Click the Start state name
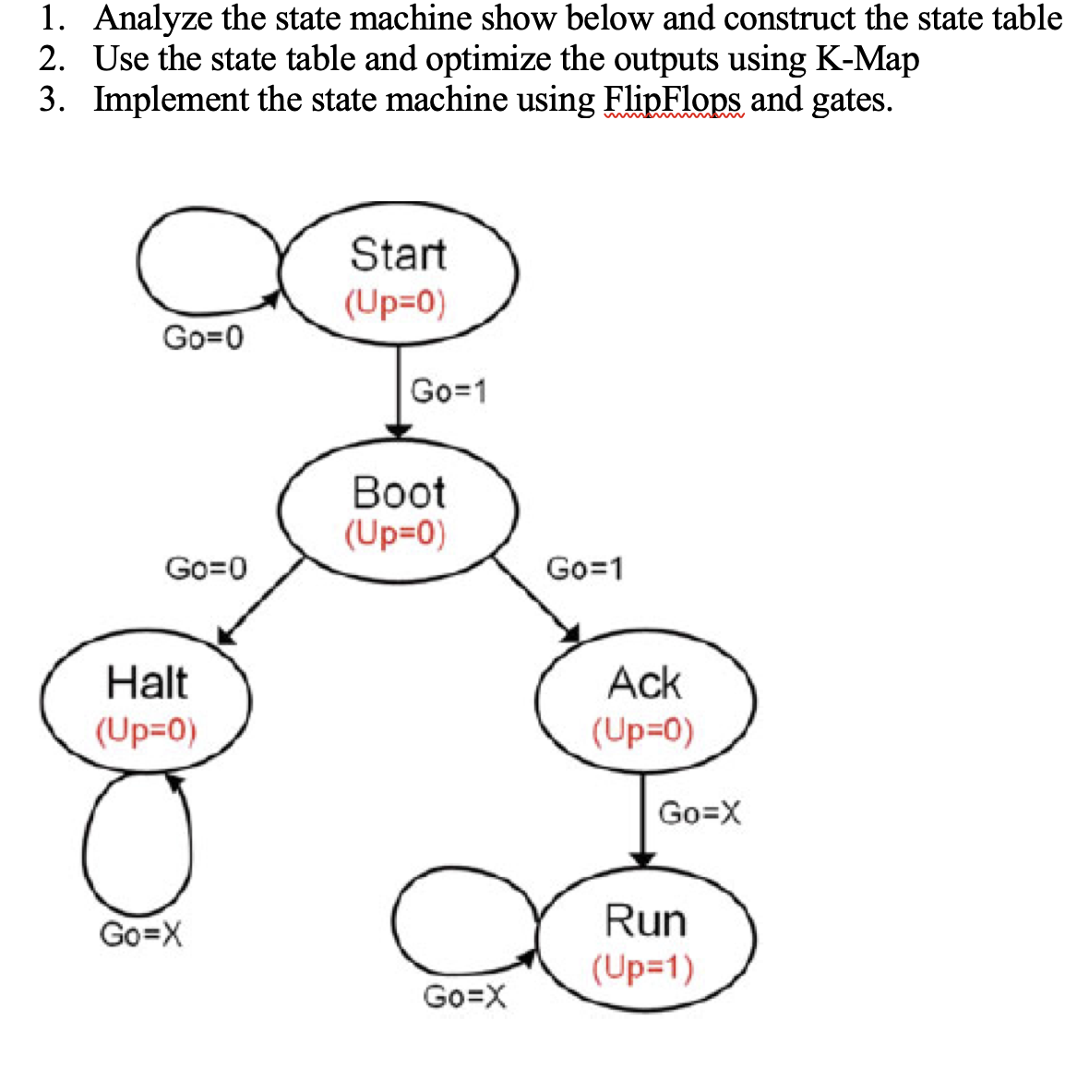398,254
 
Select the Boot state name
399,492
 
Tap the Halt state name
147,683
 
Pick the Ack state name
644,684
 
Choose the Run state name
645,920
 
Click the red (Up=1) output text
642,967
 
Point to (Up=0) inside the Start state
395,303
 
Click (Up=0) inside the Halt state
146,730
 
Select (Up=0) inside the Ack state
642,731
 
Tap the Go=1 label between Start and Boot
449,390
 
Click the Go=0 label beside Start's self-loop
204,339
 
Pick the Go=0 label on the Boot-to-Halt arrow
206,567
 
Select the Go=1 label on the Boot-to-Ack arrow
585,568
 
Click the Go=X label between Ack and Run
700,813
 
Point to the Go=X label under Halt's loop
140,934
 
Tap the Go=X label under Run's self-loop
464,996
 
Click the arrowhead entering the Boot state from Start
398,430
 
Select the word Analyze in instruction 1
152,18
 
